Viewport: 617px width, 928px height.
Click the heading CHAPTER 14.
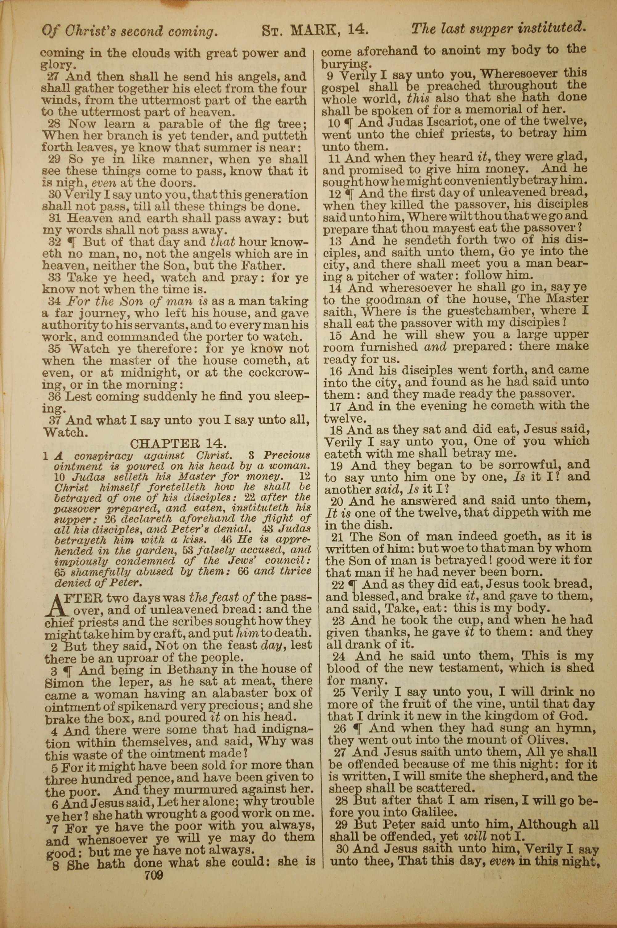click(178, 444)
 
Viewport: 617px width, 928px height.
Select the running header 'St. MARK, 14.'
click(315, 30)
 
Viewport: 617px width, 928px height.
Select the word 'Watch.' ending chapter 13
click(64, 432)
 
